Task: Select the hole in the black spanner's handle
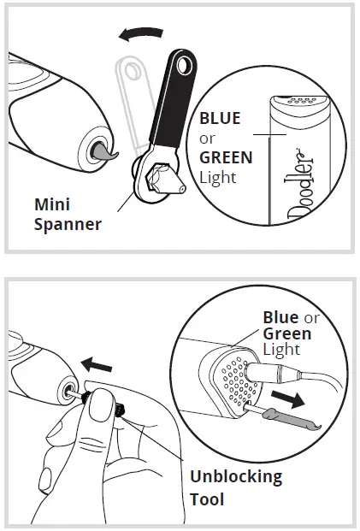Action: click(x=182, y=62)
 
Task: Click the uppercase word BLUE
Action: click(x=220, y=119)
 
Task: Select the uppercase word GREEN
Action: click(x=226, y=157)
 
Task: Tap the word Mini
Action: click(x=52, y=205)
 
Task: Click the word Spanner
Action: click(x=68, y=225)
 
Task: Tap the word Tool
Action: click(x=209, y=499)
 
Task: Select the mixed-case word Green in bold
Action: click(x=286, y=334)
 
